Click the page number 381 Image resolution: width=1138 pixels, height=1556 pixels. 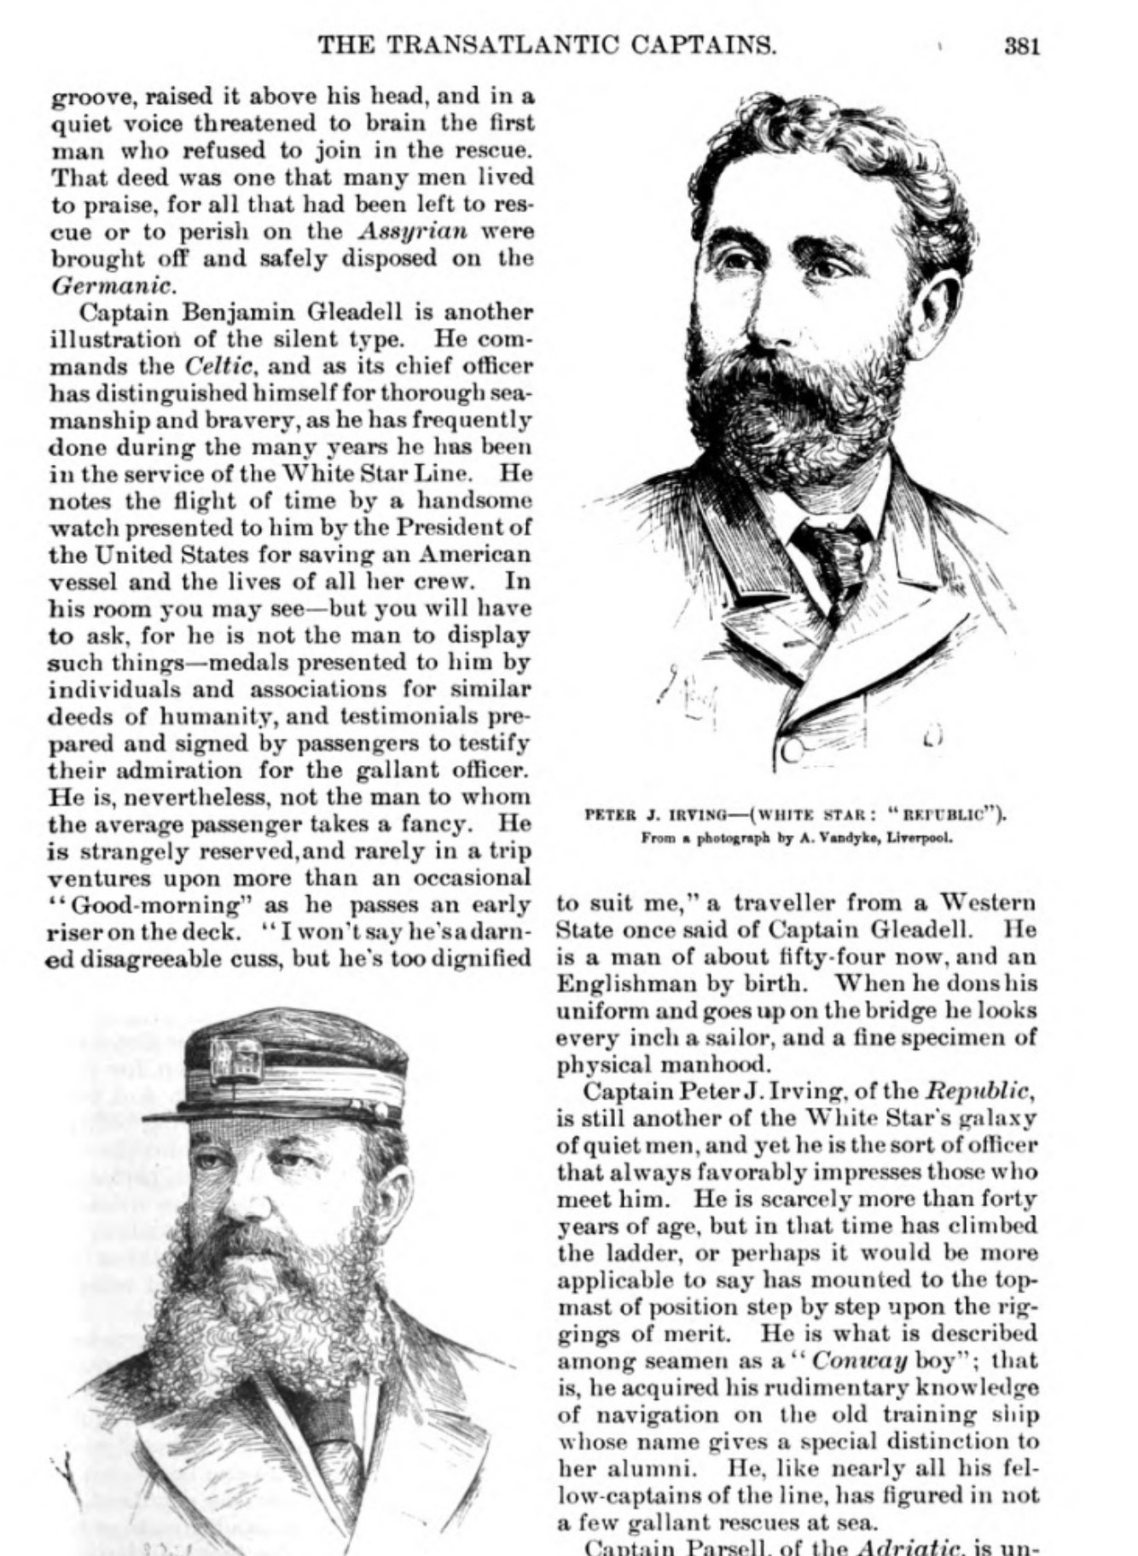[1022, 45]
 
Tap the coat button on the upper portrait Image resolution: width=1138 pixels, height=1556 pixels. [793, 750]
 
